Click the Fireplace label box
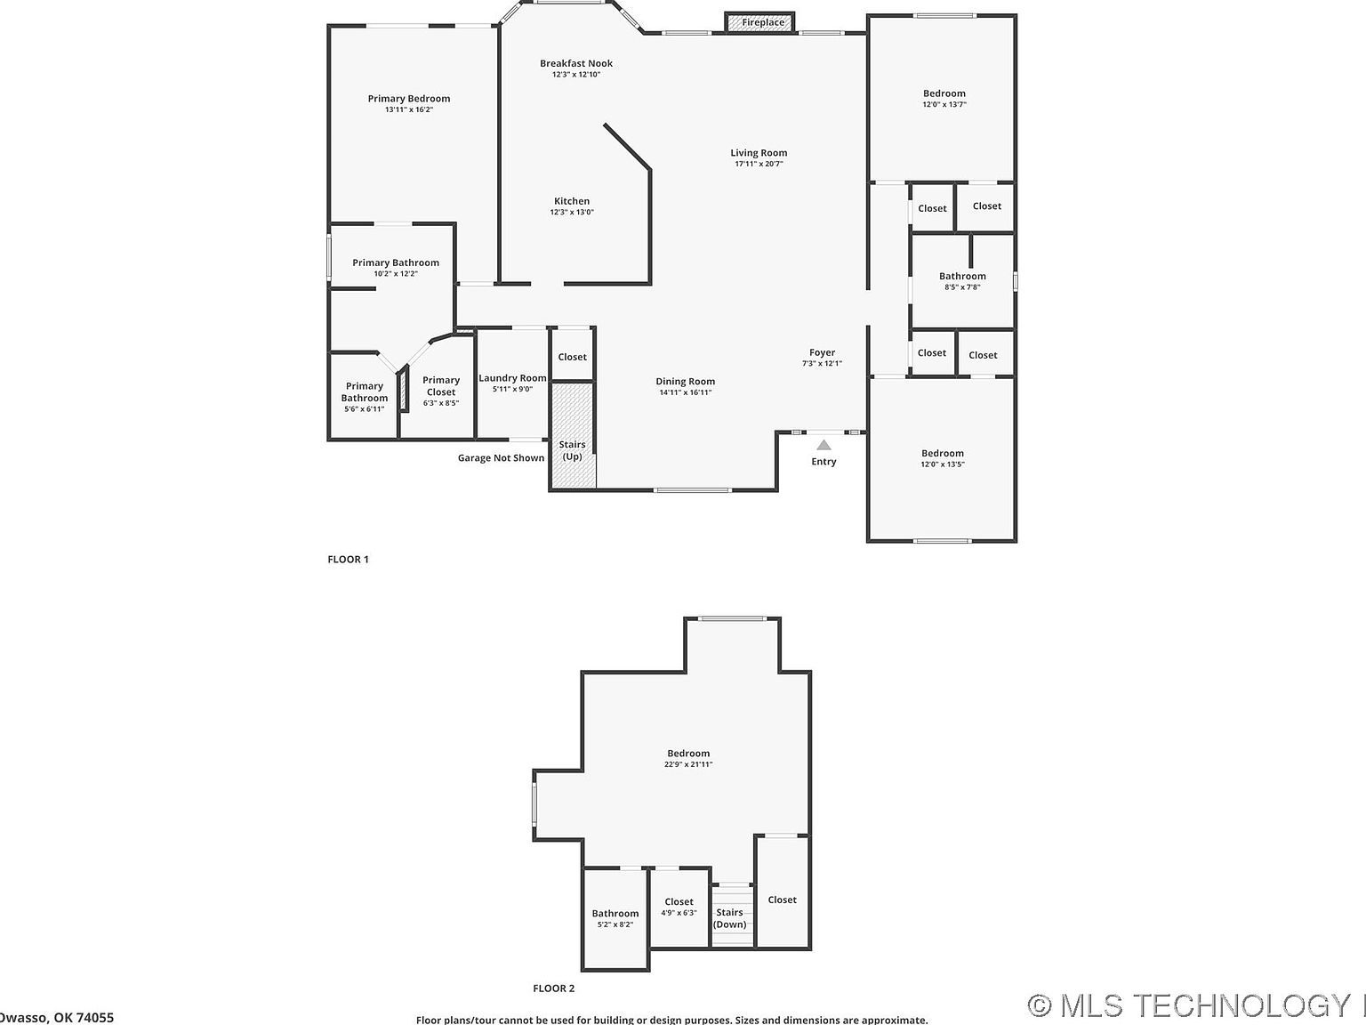[x=763, y=22]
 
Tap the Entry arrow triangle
[x=824, y=445]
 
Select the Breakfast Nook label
[x=576, y=63]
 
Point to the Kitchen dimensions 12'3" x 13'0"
[x=572, y=213]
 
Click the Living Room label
[x=759, y=153]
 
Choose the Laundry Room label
[x=512, y=378]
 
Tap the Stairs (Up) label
[x=572, y=450]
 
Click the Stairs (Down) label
[x=730, y=918]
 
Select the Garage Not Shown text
[x=501, y=458]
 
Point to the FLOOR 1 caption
[x=348, y=560]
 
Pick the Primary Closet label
[x=441, y=386]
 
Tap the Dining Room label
[x=685, y=382]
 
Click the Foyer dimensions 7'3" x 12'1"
[x=822, y=364]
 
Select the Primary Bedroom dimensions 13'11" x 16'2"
[x=409, y=110]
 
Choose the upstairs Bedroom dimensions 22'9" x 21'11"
[x=688, y=765]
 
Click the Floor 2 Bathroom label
[x=615, y=914]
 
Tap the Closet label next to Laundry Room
[x=572, y=357]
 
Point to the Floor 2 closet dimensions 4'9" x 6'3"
[x=679, y=914]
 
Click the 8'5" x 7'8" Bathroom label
[x=962, y=276]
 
